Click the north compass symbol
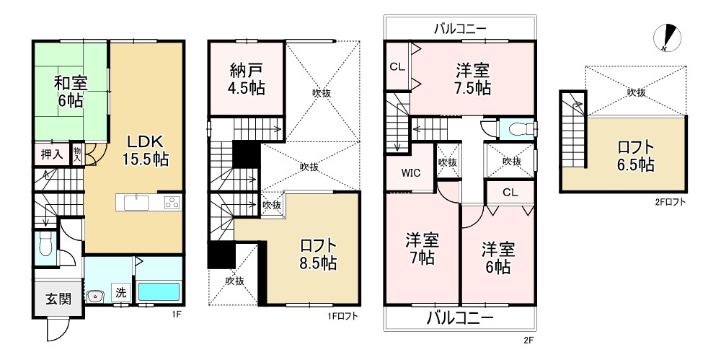pos(667,38)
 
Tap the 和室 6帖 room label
pos(71,92)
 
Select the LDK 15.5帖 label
pos(145,149)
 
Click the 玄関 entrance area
pos(58,299)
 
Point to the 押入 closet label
pos(52,154)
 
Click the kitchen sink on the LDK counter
pos(136,203)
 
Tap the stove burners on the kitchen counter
pos(173,203)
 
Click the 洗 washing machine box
pos(120,292)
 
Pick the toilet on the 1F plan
pos(45,244)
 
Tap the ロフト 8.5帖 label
pos(318,254)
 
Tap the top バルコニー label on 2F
pos(460,30)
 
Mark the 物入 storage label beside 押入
pos(77,154)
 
